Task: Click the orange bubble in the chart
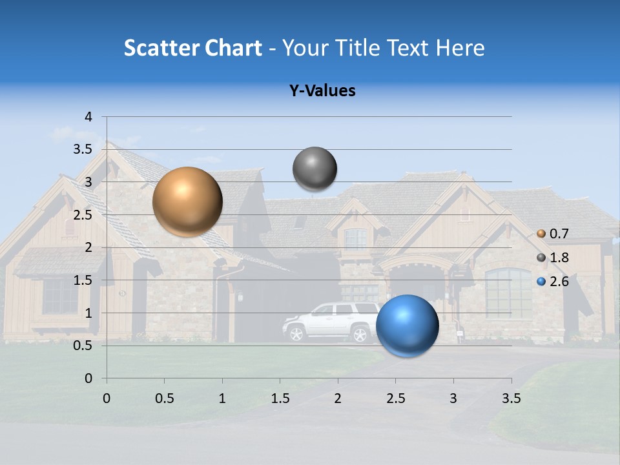pos(187,201)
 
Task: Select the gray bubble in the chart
pos(315,169)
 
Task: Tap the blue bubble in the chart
pos(407,325)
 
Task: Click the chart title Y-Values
pos(322,91)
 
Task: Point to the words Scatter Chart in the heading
pos(192,48)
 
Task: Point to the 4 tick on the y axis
pos(88,116)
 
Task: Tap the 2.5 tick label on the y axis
pos(82,214)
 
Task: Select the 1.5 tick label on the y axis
pos(82,280)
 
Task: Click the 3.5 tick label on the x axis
pos(511,398)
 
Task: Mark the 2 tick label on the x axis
pos(337,398)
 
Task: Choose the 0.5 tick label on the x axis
pos(164,398)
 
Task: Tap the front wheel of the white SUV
pos(296,334)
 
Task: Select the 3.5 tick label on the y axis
pos(82,149)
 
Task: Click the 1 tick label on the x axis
pos(222,398)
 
